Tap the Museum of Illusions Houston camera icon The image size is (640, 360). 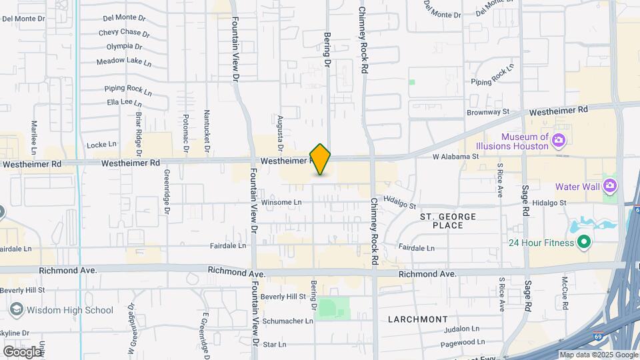coord(559,140)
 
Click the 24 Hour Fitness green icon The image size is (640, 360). coord(584,243)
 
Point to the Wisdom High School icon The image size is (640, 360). coord(16,309)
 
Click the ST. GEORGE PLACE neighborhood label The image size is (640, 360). coord(448,221)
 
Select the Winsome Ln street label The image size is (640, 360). coord(281,202)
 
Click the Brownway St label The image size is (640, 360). coord(488,112)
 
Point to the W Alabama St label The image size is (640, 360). coord(456,157)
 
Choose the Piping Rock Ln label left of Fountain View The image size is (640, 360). coord(124,88)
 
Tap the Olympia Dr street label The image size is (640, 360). coord(124,47)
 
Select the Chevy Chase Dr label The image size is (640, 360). coord(124,32)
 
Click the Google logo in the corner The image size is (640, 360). coord(21,352)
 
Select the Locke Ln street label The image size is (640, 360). coord(102,144)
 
